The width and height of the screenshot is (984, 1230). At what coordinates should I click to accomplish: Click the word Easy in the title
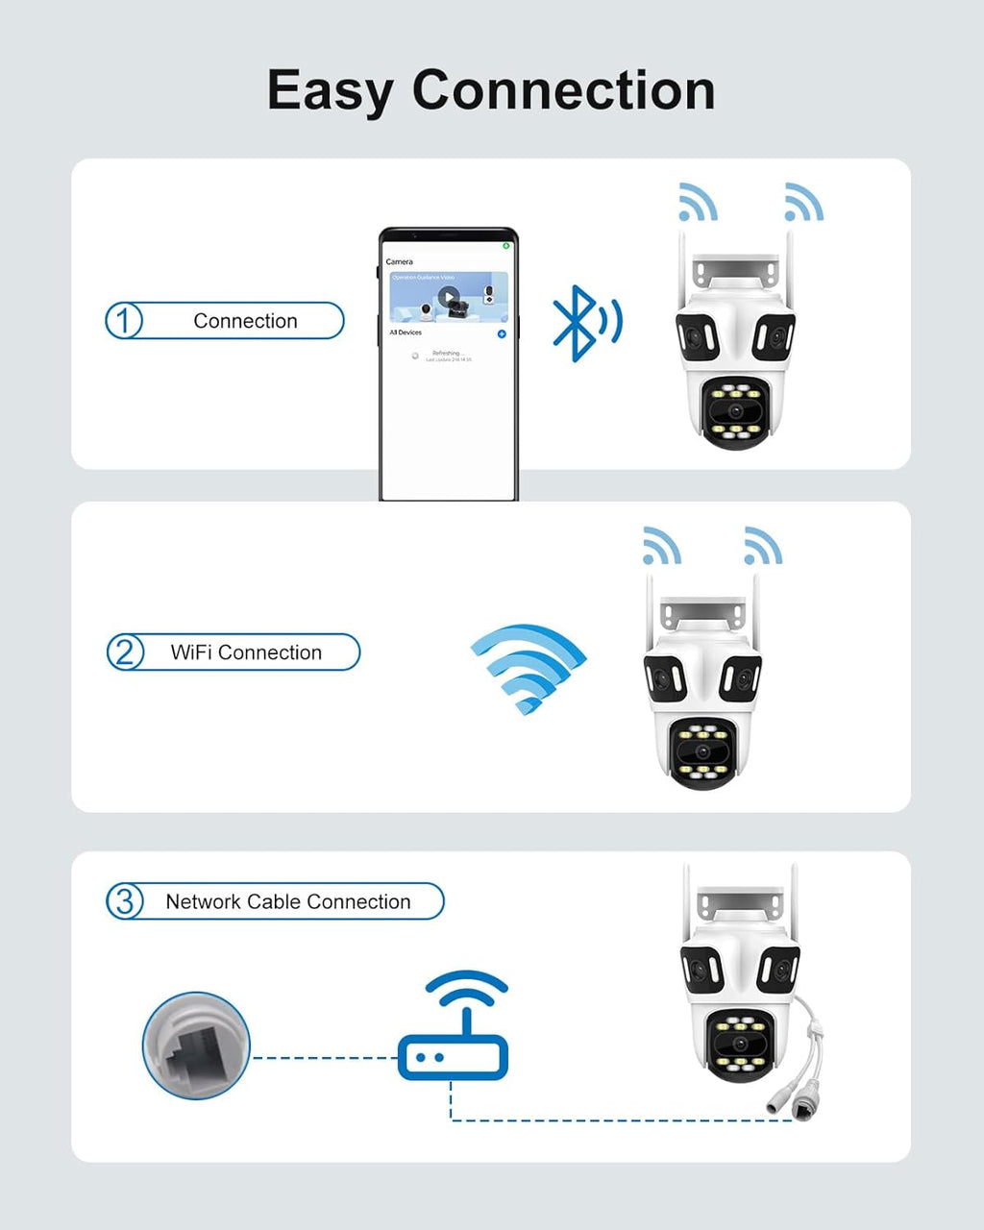pyautogui.click(x=329, y=91)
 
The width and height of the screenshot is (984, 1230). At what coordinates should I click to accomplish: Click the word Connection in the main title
pyautogui.click(x=563, y=90)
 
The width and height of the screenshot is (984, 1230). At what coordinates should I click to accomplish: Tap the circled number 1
pyautogui.click(x=124, y=320)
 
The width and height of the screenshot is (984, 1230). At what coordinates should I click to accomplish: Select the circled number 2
pyautogui.click(x=125, y=652)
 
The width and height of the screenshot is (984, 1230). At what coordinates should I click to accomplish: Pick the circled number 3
pyautogui.click(x=125, y=901)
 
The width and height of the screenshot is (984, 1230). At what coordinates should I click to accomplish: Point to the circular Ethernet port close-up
pyautogui.click(x=196, y=1045)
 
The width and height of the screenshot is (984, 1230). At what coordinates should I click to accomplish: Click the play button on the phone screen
pyautogui.click(x=448, y=296)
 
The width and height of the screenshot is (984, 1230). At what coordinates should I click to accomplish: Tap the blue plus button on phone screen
pyautogui.click(x=501, y=333)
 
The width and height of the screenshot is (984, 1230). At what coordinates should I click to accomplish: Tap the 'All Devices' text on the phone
pyautogui.click(x=406, y=332)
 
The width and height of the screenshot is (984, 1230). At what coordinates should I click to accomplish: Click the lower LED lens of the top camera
pyautogui.click(x=736, y=411)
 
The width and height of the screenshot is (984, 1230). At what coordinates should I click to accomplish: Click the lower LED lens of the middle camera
pyautogui.click(x=703, y=752)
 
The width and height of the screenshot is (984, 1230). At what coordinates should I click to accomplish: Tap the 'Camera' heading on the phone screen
pyautogui.click(x=399, y=261)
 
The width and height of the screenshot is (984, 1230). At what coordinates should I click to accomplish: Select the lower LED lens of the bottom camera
pyautogui.click(x=738, y=1045)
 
